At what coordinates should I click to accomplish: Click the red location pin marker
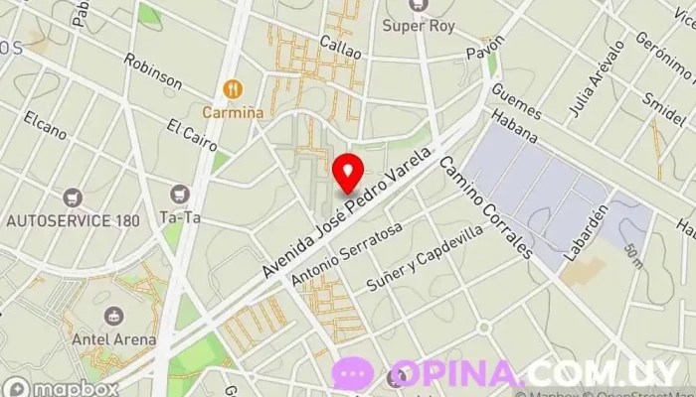pyautogui.click(x=347, y=173)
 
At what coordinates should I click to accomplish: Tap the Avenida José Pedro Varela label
pyautogui.click(x=348, y=212)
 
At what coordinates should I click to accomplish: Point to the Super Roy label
pyautogui.click(x=419, y=26)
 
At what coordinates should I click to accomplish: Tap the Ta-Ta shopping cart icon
pyautogui.click(x=180, y=193)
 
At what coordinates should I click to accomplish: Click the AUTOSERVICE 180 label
pyautogui.click(x=73, y=220)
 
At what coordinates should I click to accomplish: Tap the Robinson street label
pyautogui.click(x=153, y=71)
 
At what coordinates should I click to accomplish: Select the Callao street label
pyautogui.click(x=339, y=46)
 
